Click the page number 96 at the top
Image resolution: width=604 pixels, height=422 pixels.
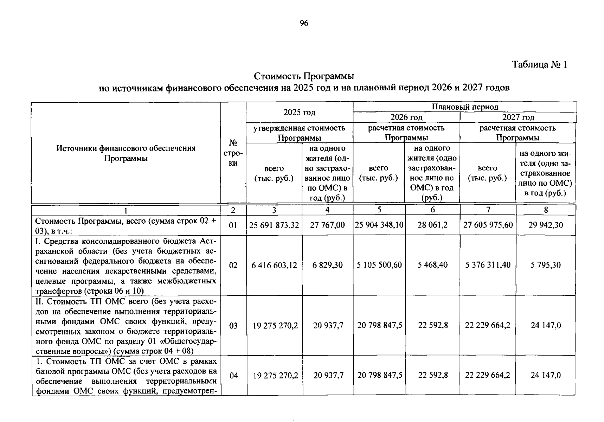pos(304,24)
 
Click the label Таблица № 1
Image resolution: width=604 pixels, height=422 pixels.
pos(539,65)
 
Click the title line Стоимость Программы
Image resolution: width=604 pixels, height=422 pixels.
pos(304,76)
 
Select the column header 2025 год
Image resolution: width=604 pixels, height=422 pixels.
pos(299,112)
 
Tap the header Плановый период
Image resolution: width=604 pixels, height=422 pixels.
pos(465,107)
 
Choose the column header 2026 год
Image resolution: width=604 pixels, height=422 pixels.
pos(406,117)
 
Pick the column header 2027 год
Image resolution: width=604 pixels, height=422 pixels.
pos(518,117)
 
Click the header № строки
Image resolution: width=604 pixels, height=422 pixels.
pos(233,153)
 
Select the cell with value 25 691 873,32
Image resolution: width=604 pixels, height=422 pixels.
pos(274,225)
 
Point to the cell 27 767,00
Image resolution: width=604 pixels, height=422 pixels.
pos(327,225)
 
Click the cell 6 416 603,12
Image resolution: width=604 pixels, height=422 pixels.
pos(274,265)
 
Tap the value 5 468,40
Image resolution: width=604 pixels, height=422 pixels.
pos(432,265)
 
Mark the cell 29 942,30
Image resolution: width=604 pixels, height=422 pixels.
pos(546,225)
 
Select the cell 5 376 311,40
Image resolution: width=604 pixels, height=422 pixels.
pos(488,265)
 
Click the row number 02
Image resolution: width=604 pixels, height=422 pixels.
pos(233,265)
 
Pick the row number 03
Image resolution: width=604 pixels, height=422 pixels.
pos(233,326)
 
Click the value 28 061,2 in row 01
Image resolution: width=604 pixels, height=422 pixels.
pos(432,225)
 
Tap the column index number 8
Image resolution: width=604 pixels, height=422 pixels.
pos(546,210)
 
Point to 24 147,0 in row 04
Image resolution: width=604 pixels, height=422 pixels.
pos(546,375)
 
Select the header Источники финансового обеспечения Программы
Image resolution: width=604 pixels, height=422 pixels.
pos(126,153)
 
